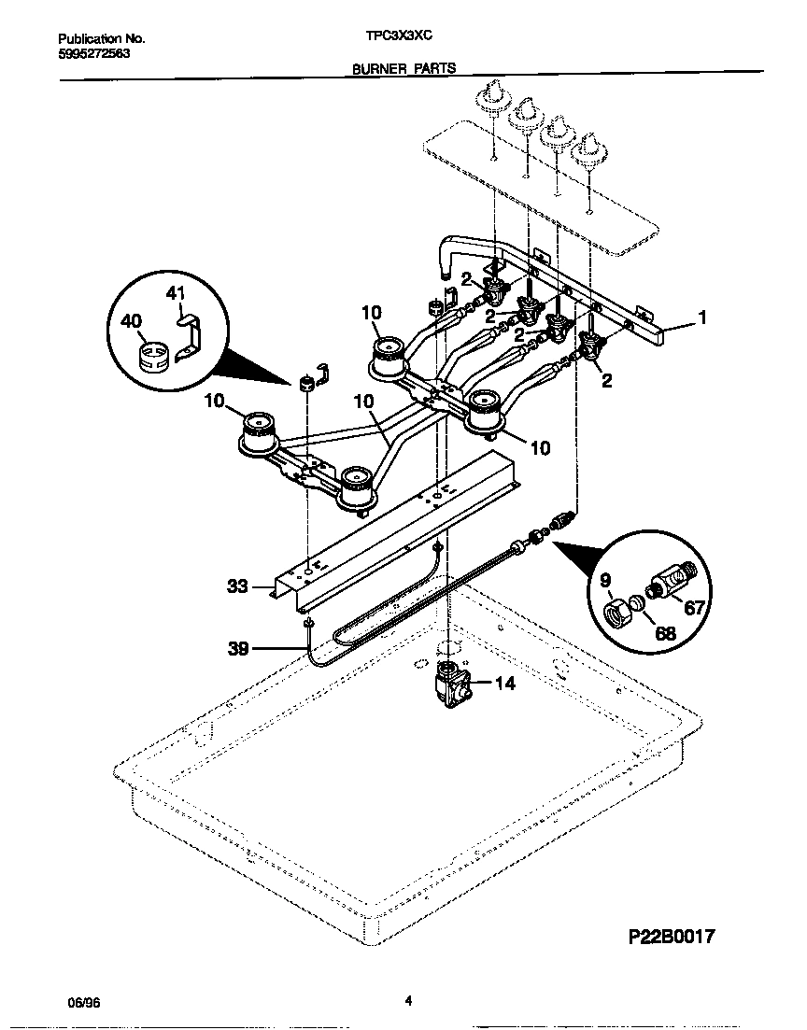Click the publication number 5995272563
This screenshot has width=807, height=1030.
[93, 54]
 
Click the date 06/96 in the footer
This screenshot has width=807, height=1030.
[83, 1001]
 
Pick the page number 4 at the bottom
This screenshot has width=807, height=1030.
[408, 1000]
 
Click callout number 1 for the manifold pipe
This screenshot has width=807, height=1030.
[701, 318]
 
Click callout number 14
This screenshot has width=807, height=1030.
[503, 684]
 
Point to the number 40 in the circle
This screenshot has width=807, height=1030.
[131, 322]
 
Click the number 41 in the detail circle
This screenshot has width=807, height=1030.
[177, 293]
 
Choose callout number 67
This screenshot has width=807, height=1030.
[695, 608]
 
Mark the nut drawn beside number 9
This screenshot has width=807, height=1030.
[617, 614]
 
